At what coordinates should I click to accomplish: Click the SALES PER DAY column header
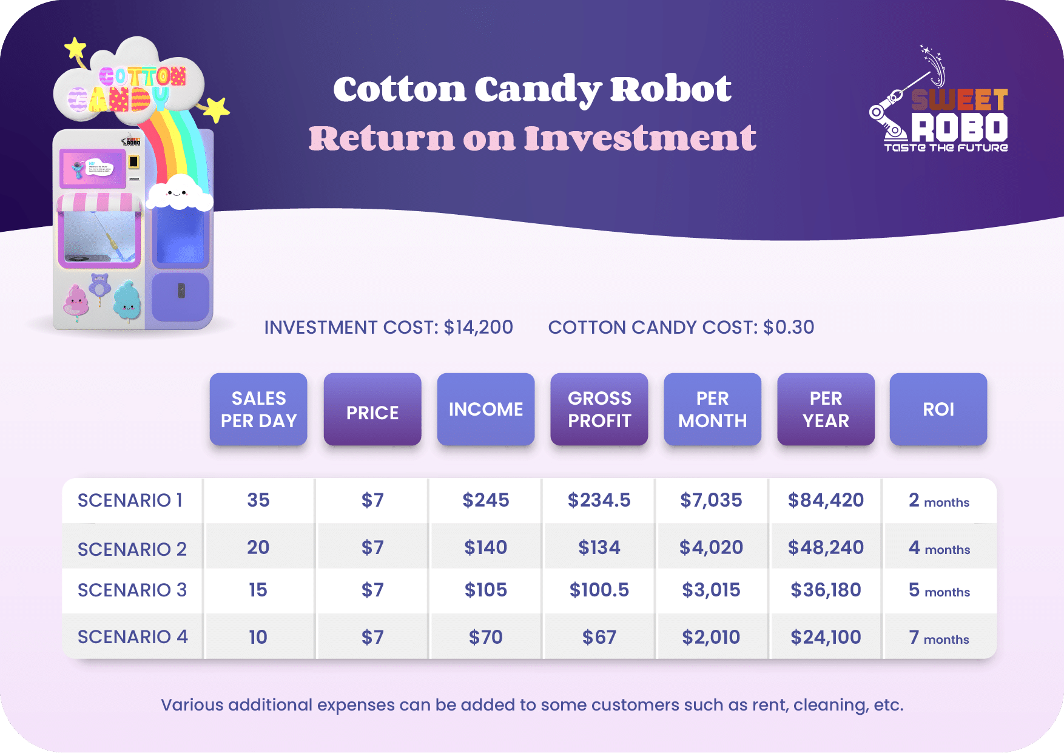(258, 409)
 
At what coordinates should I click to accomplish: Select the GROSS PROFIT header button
(599, 409)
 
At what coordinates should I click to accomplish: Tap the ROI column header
(938, 409)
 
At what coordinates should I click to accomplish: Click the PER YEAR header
(826, 409)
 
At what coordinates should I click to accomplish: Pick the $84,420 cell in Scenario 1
(826, 500)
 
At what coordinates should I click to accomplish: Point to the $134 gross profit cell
(599, 547)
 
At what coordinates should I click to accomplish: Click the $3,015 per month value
(711, 590)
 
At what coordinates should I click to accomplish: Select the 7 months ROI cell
(938, 637)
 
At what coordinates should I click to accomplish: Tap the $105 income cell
(485, 590)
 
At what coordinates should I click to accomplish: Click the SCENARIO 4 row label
(132, 637)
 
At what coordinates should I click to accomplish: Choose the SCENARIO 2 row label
(132, 549)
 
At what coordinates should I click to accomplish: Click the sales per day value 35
(258, 500)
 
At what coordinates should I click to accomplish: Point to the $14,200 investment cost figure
(478, 328)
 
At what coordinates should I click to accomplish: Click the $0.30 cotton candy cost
(789, 328)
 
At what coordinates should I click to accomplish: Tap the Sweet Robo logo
(940, 106)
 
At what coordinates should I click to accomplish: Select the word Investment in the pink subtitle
(640, 138)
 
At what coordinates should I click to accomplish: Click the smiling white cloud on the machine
(179, 192)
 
